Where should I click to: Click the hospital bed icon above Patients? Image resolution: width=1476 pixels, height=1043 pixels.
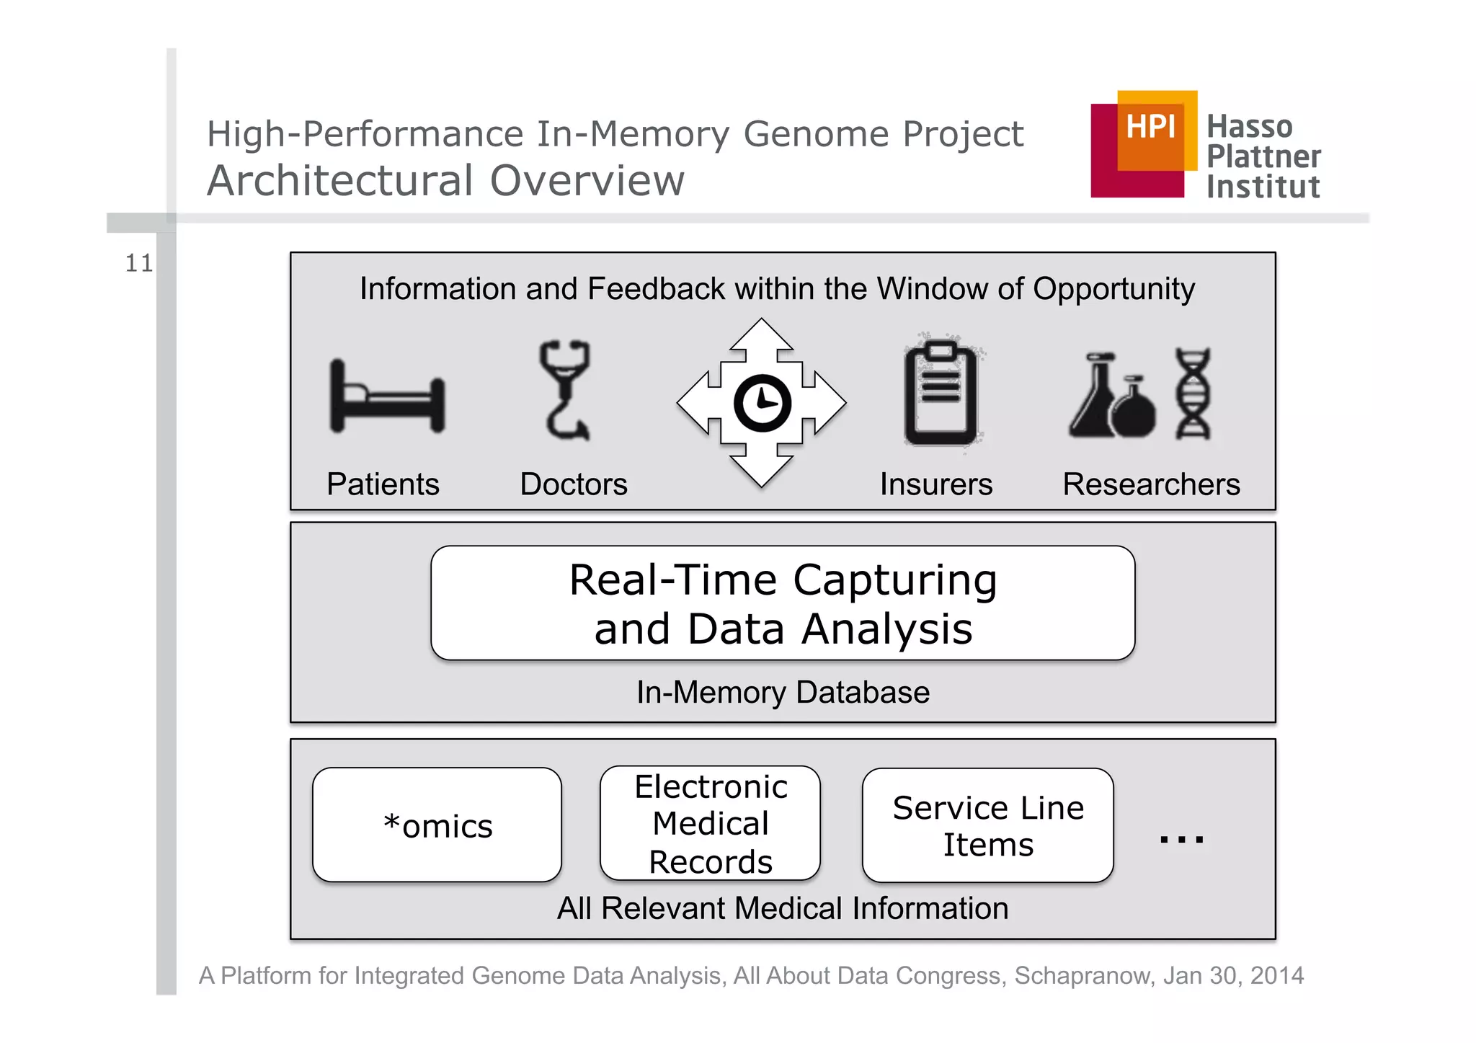coord(387,397)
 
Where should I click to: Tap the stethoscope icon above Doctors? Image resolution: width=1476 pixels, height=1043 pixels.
coord(565,389)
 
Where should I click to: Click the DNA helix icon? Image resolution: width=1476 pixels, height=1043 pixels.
coord(1193,394)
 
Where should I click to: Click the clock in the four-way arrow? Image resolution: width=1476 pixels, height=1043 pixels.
coord(762,403)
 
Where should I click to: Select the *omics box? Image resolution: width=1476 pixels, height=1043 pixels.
coord(437,825)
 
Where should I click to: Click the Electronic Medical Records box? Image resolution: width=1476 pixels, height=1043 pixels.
coord(710,824)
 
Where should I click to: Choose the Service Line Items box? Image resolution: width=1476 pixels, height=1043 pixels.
coord(987,825)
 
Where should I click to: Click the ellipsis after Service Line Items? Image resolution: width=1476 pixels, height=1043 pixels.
coord(1181,838)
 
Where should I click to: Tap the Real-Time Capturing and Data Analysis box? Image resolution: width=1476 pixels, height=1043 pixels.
coord(783,603)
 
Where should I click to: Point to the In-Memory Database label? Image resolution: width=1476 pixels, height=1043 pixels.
coord(783,692)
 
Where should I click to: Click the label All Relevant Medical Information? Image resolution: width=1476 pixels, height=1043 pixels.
coord(783,908)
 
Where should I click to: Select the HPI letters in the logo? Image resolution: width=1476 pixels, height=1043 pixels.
coord(1150,127)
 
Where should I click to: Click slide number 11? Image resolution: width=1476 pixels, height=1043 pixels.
coord(139,263)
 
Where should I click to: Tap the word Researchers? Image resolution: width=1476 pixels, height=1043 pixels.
coord(1151,484)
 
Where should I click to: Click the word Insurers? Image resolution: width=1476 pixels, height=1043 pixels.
coord(935,484)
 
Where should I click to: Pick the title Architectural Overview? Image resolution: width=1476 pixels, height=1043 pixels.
coord(445,180)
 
